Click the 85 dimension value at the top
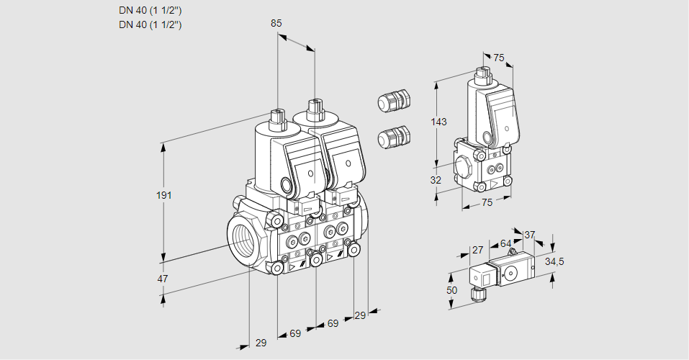coord(276,23)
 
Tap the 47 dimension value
coord(163,279)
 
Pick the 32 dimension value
coord(436,180)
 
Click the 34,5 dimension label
coord(554,261)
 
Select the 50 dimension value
coord(451,289)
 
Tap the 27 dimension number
coord(477,250)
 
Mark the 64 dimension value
coord(505,244)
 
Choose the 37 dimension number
coord(530,235)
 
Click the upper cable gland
coord(393,101)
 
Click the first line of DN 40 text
coord(150,11)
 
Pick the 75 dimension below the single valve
coord(487,203)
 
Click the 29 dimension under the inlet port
coord(261,343)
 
